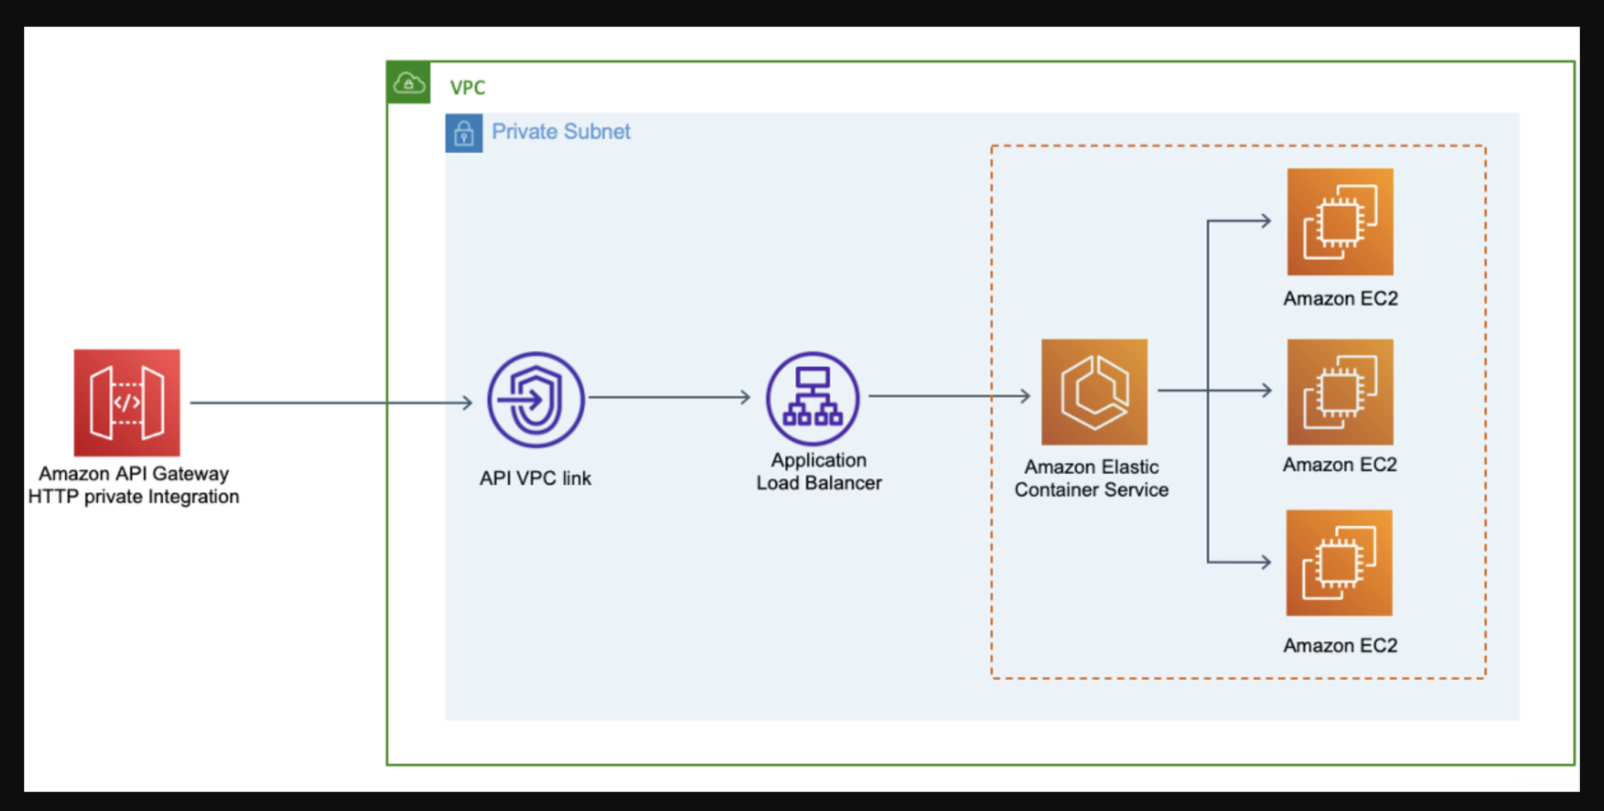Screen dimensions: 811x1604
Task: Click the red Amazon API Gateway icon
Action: (x=127, y=403)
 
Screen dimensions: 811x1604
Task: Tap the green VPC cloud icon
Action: (x=409, y=82)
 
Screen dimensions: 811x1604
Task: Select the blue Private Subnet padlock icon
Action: (x=464, y=133)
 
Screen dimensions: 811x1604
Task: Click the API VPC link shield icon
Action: (x=536, y=400)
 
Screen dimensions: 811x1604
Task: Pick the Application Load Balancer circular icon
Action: (x=812, y=399)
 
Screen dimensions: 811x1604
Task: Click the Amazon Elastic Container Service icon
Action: (x=1094, y=392)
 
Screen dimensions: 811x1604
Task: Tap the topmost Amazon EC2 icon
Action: (x=1340, y=222)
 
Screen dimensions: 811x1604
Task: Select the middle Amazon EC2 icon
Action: (x=1340, y=392)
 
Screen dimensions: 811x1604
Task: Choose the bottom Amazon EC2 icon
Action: (x=1339, y=563)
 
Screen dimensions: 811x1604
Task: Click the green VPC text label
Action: (x=468, y=88)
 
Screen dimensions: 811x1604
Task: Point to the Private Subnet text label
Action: (x=561, y=132)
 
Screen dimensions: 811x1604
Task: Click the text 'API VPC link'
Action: (x=535, y=478)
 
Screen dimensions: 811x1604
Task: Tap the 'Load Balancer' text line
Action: (x=818, y=483)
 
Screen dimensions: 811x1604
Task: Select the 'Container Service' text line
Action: (x=1091, y=490)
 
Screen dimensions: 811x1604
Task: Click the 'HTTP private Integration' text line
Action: (x=133, y=497)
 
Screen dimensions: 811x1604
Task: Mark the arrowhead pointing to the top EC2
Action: (x=1265, y=221)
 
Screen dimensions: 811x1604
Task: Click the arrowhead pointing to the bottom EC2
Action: (x=1265, y=562)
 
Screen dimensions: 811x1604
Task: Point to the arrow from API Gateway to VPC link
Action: (x=329, y=403)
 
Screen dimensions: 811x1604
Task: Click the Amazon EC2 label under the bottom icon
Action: (x=1340, y=646)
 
